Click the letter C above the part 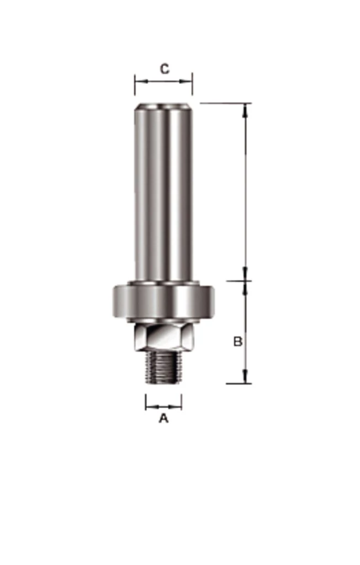pos(165,68)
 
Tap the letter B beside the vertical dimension pos(238,341)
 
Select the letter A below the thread pos(164,418)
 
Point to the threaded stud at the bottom pos(163,367)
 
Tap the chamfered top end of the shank pos(163,106)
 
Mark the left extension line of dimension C pos(135,84)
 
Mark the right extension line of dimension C pos(192,84)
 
